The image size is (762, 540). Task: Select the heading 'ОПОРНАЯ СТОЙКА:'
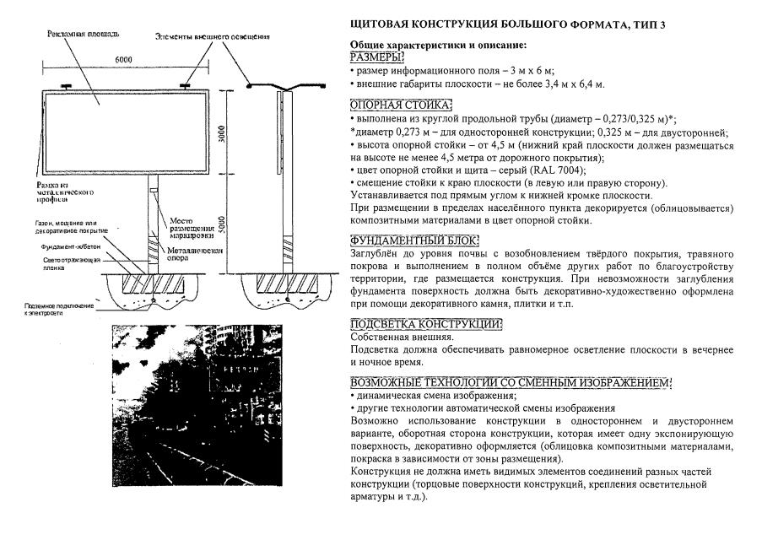tap(401, 105)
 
